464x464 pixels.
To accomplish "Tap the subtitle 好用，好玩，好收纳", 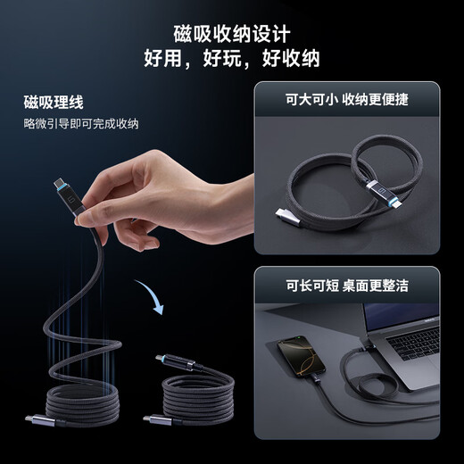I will pos(232,59).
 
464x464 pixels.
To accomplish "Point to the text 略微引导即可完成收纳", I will pos(81,123).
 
